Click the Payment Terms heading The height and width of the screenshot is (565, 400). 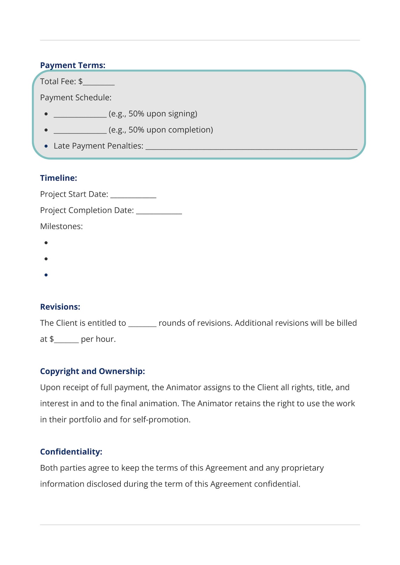click(73, 65)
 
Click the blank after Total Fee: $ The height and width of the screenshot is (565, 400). click(99, 83)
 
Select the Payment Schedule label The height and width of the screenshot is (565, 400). click(75, 97)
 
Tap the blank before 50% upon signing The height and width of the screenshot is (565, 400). click(80, 115)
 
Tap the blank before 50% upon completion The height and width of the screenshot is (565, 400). click(80, 131)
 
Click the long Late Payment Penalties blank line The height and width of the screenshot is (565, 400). click(251, 147)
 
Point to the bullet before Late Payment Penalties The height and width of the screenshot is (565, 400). click(46, 146)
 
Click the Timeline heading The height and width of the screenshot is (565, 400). click(58, 178)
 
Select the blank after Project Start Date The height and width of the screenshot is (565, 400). click(133, 196)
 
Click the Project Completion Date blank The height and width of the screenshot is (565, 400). click(159, 212)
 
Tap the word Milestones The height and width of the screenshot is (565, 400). click(61, 226)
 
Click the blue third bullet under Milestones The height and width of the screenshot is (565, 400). click(46, 275)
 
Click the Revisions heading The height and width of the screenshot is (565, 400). click(60, 307)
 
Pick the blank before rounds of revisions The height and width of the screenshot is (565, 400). click(142, 324)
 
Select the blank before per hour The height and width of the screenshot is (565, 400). click(66, 340)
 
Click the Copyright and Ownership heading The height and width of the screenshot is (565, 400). click(92, 371)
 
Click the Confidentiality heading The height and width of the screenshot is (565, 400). click(71, 451)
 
